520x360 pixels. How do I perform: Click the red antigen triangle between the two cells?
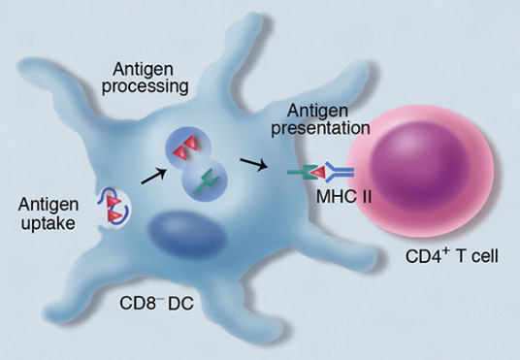tap(319, 174)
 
